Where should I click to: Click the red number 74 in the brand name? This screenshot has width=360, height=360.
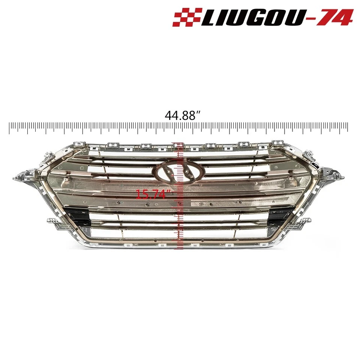[335, 17]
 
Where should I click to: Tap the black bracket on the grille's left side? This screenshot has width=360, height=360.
[81, 217]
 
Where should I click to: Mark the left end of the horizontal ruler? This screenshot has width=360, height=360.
[9, 127]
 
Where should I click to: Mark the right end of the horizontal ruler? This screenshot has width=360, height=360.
[348, 127]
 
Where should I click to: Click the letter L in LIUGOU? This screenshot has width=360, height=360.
[208, 17]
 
